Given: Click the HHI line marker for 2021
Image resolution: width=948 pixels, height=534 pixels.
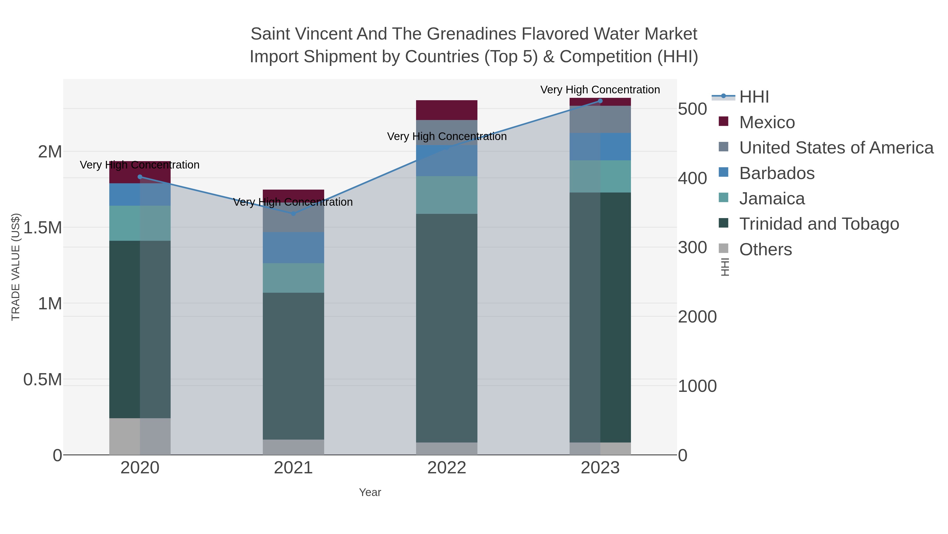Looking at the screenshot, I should click(293, 213).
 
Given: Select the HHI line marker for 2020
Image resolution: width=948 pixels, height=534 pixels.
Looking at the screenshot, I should click(140, 177).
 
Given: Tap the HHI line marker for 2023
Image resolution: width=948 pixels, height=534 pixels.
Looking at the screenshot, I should click(600, 101).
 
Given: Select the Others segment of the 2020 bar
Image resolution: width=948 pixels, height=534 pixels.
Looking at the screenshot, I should click(140, 436).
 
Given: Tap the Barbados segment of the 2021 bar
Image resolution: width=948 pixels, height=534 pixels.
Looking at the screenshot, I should click(293, 247).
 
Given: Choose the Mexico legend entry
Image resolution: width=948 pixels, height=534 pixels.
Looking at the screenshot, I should click(767, 122).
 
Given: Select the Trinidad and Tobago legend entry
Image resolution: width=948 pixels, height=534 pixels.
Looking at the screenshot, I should click(819, 224).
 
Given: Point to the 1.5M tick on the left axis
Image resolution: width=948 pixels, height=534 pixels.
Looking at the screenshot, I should click(43, 228).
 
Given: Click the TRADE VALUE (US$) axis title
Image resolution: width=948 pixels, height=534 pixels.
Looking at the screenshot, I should click(16, 267).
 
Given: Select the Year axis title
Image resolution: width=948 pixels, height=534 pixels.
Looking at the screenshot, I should click(370, 492).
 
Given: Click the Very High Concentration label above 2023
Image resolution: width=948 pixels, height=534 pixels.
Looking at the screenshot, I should click(600, 90).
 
